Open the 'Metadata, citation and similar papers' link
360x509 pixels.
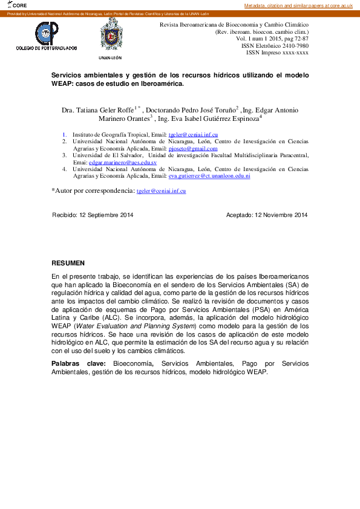298,5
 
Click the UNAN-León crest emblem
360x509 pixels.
111,35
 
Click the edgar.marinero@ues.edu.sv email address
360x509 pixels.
123,163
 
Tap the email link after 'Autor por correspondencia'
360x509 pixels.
161,191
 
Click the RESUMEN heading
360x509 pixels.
68,264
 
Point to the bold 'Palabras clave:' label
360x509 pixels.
79,363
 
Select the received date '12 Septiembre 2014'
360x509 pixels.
106,215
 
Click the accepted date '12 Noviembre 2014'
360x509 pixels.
281,215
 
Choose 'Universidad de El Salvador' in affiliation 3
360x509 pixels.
109,155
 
